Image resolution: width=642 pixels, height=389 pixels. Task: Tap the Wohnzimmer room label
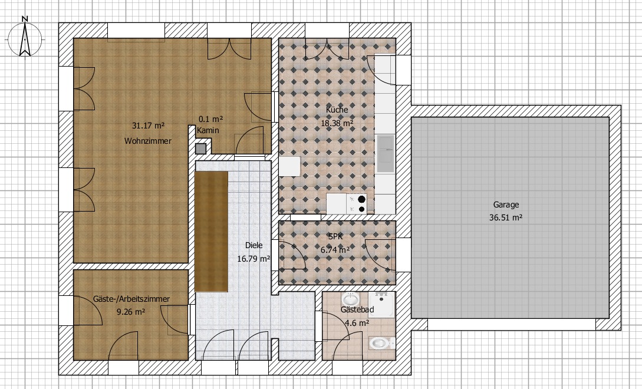148,141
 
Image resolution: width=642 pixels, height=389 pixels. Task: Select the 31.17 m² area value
148,126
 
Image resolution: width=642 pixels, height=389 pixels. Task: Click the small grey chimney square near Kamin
200,149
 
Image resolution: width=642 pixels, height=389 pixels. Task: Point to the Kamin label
208,131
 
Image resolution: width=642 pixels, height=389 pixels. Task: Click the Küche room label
337,109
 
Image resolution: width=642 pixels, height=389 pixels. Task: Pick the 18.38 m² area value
337,123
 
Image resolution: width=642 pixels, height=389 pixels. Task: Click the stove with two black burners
357,204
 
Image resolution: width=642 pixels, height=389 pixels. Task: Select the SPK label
335,236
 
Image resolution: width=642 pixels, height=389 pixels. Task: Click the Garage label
506,205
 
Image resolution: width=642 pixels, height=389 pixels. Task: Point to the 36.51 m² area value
506,218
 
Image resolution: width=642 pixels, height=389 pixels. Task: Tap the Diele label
254,245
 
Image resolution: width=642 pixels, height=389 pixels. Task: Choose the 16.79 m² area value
254,258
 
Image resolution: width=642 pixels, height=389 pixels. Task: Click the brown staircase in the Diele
211,232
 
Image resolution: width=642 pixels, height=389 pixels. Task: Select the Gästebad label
357,309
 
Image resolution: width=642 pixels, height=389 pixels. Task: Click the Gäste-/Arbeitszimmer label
131,299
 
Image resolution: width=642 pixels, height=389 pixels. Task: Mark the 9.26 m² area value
131,312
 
